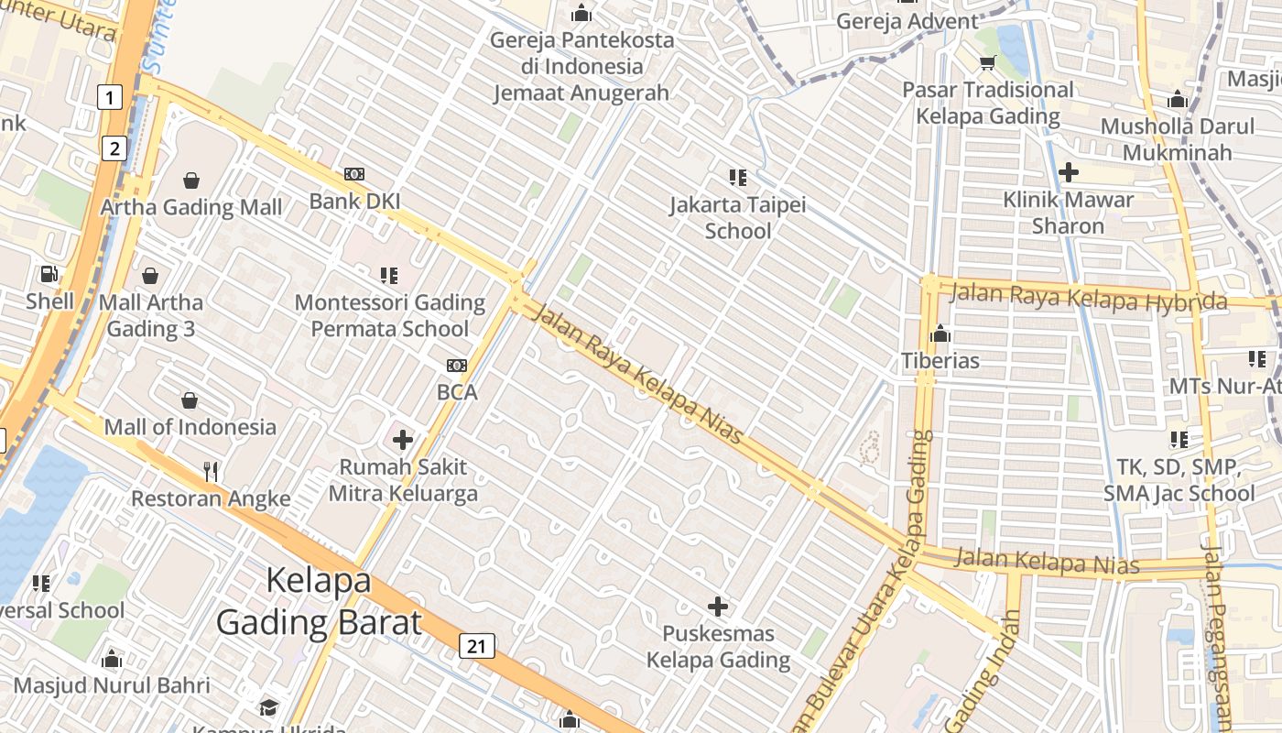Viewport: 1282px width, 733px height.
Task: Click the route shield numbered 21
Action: (x=476, y=646)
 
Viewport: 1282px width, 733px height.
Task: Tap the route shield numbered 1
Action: (x=110, y=96)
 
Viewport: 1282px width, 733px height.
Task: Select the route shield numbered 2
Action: (x=114, y=148)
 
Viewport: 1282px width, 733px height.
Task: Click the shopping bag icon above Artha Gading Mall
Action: (x=191, y=181)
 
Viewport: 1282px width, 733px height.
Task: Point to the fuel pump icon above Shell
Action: (x=49, y=274)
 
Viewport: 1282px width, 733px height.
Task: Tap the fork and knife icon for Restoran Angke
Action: (x=212, y=472)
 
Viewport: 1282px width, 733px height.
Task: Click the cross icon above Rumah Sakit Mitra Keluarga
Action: (x=403, y=440)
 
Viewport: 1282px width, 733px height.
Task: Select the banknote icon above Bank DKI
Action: (x=354, y=174)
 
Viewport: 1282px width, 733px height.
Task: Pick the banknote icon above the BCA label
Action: (x=457, y=366)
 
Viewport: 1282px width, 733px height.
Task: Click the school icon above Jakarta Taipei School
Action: (x=737, y=177)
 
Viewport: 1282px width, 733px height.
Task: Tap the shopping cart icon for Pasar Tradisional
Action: (x=987, y=62)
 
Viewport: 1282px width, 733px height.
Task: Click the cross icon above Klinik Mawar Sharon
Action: (x=1068, y=171)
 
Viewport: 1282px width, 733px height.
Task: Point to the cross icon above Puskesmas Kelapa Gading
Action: (x=718, y=606)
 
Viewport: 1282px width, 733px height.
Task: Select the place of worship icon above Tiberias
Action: (x=940, y=334)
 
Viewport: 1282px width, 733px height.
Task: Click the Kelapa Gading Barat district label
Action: (x=319, y=601)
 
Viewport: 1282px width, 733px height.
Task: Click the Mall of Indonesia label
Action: (x=190, y=427)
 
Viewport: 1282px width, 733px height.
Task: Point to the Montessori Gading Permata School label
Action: (x=390, y=315)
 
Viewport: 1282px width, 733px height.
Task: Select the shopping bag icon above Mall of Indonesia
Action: (x=190, y=400)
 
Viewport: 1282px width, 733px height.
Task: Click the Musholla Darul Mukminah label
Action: (x=1178, y=139)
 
